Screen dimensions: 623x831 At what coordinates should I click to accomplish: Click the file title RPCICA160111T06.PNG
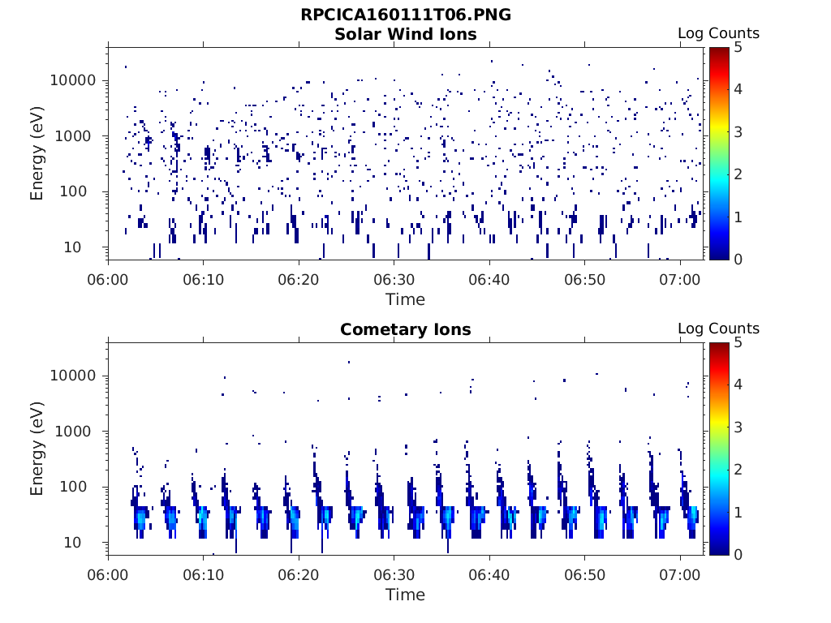[x=406, y=15]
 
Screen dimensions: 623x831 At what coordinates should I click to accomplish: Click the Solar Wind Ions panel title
[x=406, y=34]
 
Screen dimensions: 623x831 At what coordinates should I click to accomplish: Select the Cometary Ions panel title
[x=406, y=329]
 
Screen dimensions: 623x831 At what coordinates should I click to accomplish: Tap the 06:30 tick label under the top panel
[x=394, y=279]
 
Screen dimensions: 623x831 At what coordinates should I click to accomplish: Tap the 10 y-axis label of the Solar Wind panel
[x=88, y=247]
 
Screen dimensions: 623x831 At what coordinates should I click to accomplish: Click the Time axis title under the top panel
[x=405, y=299]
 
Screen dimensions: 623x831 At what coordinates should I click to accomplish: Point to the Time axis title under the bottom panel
[x=405, y=595]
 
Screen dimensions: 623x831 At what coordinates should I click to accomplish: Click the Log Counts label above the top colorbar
[x=718, y=33]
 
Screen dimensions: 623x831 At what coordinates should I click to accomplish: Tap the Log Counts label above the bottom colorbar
[x=718, y=329]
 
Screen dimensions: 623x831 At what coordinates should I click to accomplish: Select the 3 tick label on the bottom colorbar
[x=738, y=427]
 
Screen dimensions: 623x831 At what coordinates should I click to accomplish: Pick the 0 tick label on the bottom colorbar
[x=738, y=553]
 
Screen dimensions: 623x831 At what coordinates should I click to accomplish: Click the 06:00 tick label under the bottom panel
[x=109, y=574]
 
